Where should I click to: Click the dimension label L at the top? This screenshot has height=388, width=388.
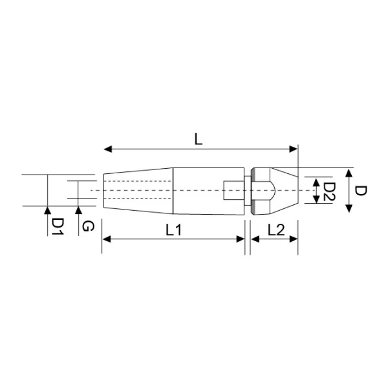[x=199, y=139]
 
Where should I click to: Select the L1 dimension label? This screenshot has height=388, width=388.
[x=173, y=230]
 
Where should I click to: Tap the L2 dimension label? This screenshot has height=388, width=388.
[x=276, y=230]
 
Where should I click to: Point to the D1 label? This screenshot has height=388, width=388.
[x=58, y=226]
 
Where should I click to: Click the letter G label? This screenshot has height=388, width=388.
[x=88, y=226]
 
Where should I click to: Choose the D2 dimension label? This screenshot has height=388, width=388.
[x=329, y=191]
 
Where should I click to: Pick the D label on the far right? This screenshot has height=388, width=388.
[x=361, y=191]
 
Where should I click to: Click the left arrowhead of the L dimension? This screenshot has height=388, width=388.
[x=108, y=149]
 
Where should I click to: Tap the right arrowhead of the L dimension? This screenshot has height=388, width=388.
[x=293, y=149]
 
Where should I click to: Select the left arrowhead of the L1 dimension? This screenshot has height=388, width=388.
[x=107, y=239]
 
